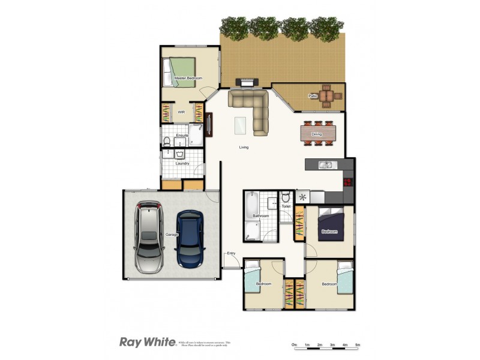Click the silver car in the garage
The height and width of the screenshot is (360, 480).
148,237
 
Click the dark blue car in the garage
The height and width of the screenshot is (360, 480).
190,239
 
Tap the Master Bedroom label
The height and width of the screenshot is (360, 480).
188,79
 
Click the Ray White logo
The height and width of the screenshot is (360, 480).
147,342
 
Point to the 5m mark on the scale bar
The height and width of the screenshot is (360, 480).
358,345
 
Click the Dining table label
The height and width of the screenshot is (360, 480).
317,134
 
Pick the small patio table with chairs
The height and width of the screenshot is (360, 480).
326,95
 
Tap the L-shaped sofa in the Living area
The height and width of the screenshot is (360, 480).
253,108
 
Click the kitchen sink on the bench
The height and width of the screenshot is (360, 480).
325,164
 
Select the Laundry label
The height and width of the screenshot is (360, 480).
182,163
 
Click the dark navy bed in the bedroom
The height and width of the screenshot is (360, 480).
330,225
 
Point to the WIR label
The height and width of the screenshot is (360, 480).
181,112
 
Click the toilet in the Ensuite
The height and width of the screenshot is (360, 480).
166,142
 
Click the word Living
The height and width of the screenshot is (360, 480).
244,147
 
